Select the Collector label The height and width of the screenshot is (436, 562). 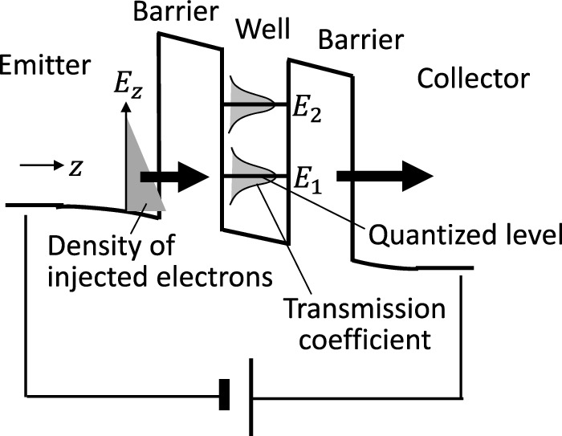[x=474, y=79]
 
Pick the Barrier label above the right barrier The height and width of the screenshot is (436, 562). [x=354, y=39]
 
